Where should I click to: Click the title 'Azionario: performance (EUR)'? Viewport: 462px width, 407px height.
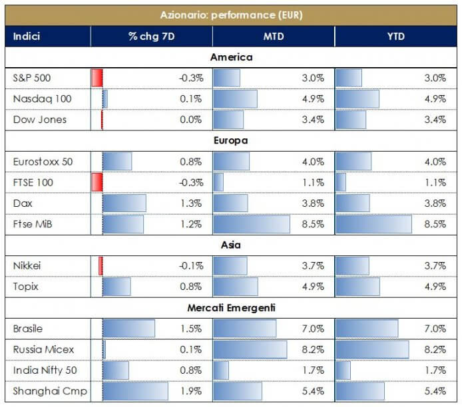pyautogui.click(x=231, y=14)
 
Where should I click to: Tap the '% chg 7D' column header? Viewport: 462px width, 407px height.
pyautogui.click(x=150, y=36)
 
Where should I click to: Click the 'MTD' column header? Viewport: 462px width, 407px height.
pyautogui.click(x=274, y=36)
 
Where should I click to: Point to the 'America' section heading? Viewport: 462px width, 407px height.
pyautogui.click(x=231, y=57)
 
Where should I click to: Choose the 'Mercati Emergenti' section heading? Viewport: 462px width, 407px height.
pyautogui.click(x=231, y=308)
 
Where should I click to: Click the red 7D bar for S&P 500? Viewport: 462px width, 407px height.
pyautogui.click(x=97, y=78)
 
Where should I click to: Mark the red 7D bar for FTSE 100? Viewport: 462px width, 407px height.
pyautogui.click(x=97, y=182)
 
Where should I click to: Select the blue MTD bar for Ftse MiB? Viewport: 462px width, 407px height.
pyautogui.click(x=252, y=224)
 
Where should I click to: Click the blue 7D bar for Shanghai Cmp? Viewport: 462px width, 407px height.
pyautogui.click(x=135, y=390)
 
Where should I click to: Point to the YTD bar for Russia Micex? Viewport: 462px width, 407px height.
pyautogui.click(x=373, y=349)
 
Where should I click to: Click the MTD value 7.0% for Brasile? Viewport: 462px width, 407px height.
pyautogui.click(x=313, y=329)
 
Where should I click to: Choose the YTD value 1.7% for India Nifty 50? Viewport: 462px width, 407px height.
pyautogui.click(x=435, y=370)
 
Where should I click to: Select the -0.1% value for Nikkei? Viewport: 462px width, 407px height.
pyautogui.click(x=190, y=266)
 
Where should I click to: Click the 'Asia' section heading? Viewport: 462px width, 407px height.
pyautogui.click(x=231, y=245)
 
